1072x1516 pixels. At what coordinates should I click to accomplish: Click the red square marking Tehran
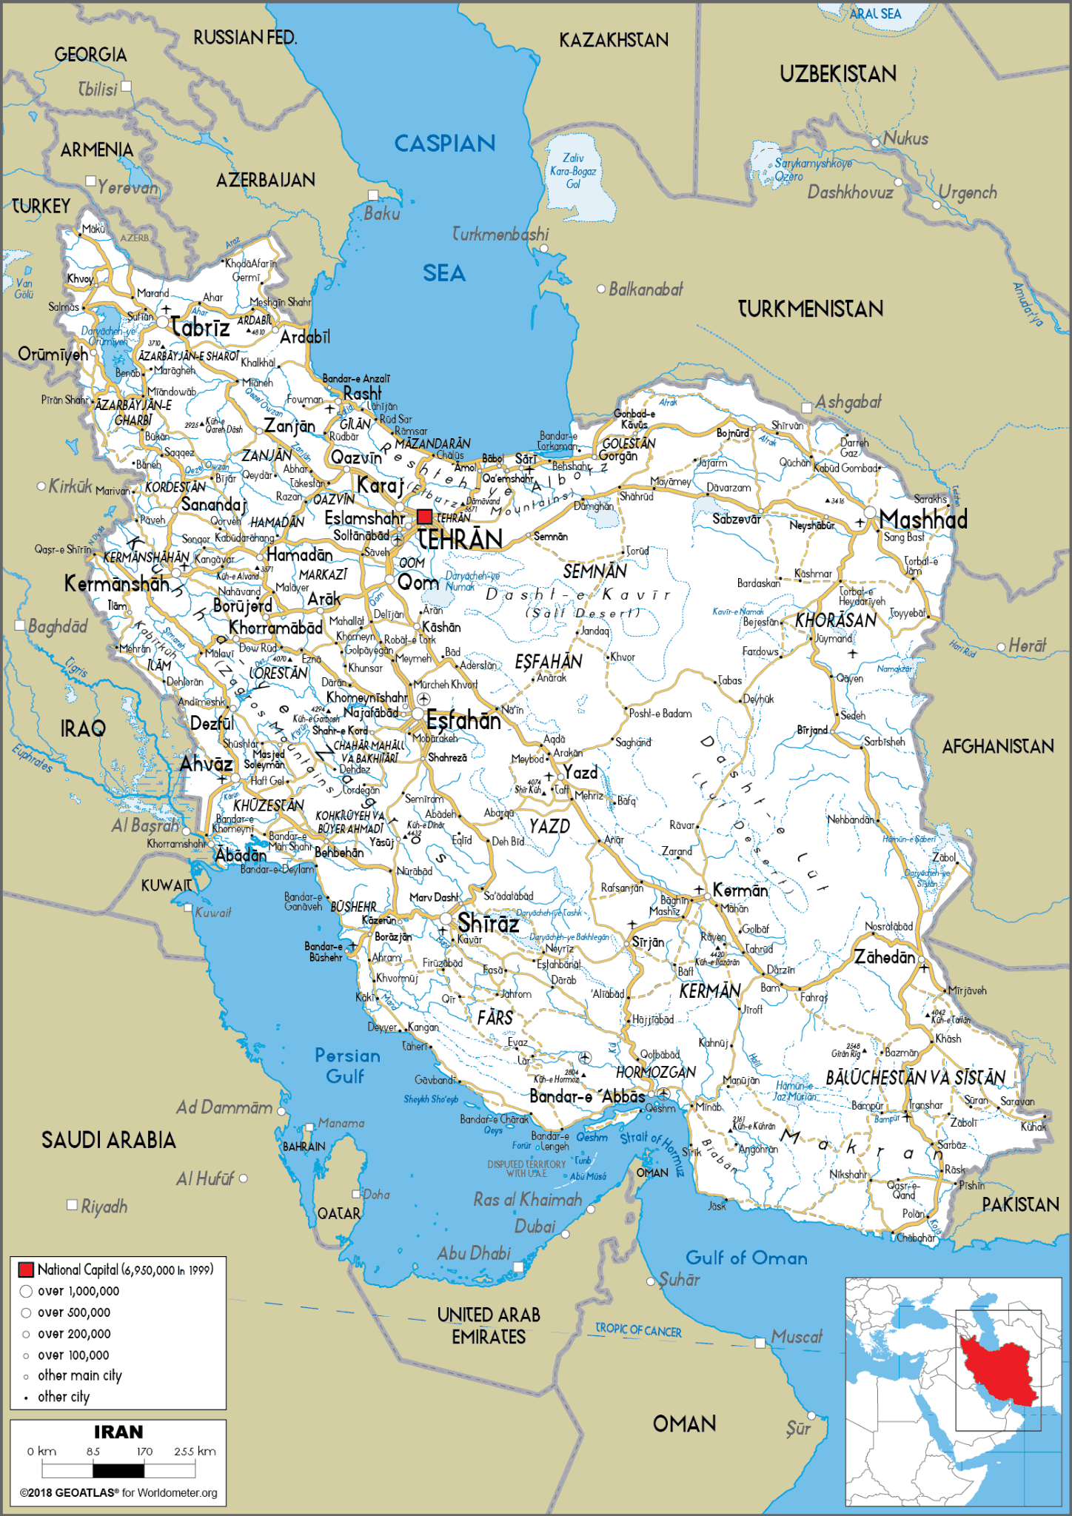tap(424, 517)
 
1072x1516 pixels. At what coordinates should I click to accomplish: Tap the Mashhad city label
tap(923, 520)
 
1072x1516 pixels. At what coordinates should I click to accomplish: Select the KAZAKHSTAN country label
tap(613, 40)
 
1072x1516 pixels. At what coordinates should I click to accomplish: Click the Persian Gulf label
tap(347, 1065)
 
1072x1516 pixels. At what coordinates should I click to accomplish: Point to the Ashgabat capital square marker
tap(807, 408)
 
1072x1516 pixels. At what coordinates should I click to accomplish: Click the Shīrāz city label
tap(488, 923)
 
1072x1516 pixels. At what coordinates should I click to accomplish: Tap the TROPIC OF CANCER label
tap(638, 1330)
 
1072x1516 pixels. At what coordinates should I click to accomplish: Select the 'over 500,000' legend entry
tap(73, 1312)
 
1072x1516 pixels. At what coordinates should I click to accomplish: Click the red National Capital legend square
tap(26, 1270)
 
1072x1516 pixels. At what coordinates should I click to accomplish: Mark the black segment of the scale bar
tap(118, 1471)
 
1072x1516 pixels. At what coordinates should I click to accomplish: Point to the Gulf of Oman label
tap(746, 1258)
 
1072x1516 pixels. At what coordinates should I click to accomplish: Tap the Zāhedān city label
tap(884, 957)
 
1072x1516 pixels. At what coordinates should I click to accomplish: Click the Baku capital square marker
tap(374, 195)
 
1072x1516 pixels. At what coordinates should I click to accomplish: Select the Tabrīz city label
tap(200, 327)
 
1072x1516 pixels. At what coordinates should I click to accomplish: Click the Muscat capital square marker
tap(760, 1342)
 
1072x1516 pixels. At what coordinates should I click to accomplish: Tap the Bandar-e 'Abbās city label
tap(586, 1096)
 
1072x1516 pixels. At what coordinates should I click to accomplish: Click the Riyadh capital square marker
tap(73, 1205)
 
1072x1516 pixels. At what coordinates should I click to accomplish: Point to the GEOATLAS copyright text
tap(118, 1492)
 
